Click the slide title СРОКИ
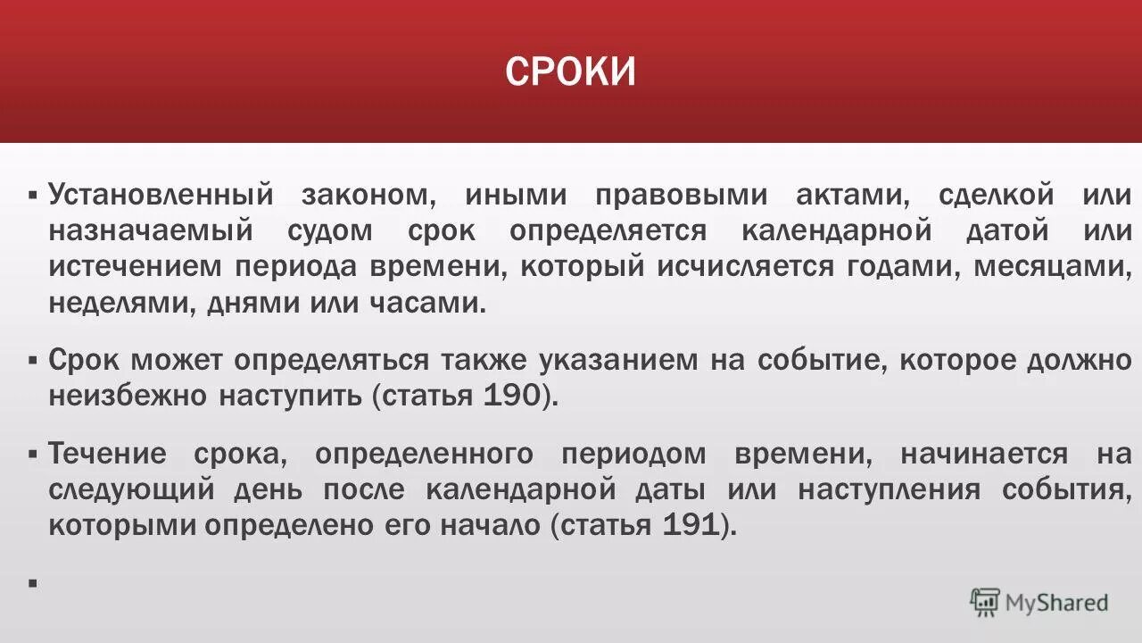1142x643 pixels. click(571, 71)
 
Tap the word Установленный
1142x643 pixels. click(161, 196)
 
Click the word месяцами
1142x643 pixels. click(1053, 267)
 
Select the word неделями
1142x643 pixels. click(122, 303)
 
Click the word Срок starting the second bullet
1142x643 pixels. click(84, 360)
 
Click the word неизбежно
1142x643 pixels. click(128, 396)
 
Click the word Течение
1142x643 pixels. click(107, 454)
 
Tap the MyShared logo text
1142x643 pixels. click(1056, 603)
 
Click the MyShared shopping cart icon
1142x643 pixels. click(985, 603)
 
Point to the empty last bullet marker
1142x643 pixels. click(32, 583)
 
